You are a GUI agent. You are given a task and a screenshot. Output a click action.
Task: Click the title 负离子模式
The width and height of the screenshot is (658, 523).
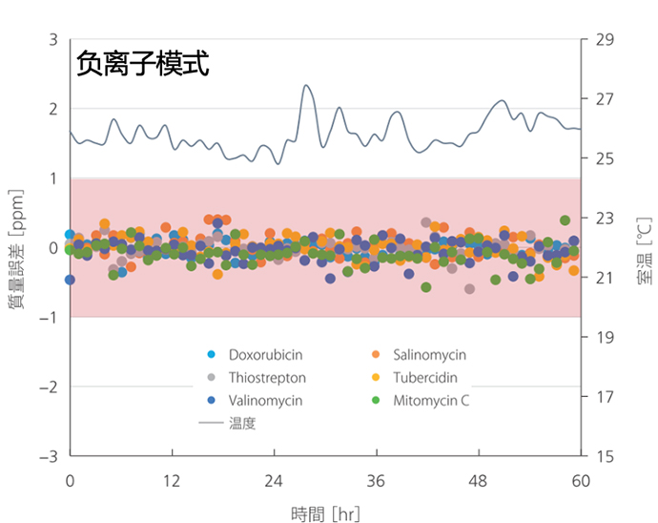pyautogui.click(x=143, y=64)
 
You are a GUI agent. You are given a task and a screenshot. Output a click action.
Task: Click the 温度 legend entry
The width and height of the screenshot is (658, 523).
pyautogui.click(x=242, y=423)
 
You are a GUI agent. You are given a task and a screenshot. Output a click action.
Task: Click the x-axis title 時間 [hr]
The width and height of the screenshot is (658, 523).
pyautogui.click(x=325, y=514)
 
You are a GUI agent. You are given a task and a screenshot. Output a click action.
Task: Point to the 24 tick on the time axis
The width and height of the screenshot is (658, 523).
pyautogui.click(x=274, y=480)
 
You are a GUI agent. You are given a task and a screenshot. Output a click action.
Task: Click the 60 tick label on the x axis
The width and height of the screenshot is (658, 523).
pyautogui.click(x=581, y=480)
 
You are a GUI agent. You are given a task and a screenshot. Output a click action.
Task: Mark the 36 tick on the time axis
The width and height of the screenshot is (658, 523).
pyautogui.click(x=376, y=480)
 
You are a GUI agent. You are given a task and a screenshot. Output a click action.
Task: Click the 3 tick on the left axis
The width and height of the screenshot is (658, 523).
pyautogui.click(x=54, y=40)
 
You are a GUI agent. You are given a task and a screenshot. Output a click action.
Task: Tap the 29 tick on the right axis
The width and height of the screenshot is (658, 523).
pyautogui.click(x=603, y=40)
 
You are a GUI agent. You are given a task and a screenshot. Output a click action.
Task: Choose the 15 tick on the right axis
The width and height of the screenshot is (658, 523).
pyautogui.click(x=603, y=456)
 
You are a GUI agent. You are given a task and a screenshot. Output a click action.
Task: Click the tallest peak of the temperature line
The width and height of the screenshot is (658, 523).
pyautogui.click(x=307, y=86)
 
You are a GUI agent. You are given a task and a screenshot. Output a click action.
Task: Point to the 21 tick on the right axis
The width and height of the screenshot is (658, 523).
pyautogui.click(x=603, y=278)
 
